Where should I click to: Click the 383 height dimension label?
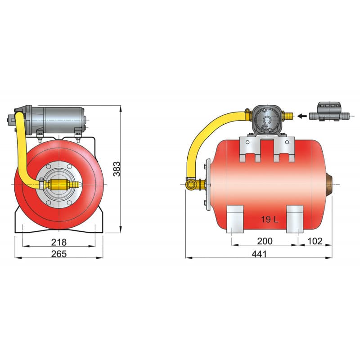coord(117,168)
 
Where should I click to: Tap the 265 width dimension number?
coord(58,254)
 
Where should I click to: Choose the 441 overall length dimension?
coord(259,254)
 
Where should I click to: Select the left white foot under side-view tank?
coord(235,219)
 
